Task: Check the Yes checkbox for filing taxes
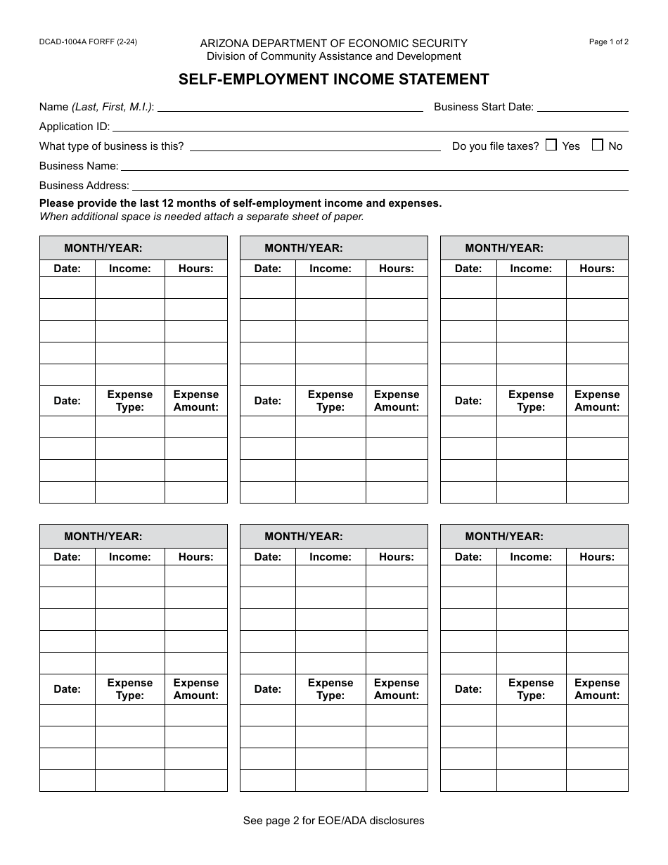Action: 551,145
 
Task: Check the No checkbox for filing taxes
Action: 598,145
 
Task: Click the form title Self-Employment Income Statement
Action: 333,79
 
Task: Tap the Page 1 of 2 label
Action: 608,42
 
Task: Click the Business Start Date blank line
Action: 582,107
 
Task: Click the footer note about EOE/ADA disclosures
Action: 333,820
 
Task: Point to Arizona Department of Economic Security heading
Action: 333,44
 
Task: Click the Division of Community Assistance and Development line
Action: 333,56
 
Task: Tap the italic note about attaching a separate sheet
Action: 201,217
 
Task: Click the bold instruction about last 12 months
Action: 240,203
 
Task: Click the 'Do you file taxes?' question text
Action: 495,146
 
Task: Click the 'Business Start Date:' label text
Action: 483,107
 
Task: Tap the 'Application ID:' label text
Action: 75,127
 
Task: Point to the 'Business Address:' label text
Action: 84,186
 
